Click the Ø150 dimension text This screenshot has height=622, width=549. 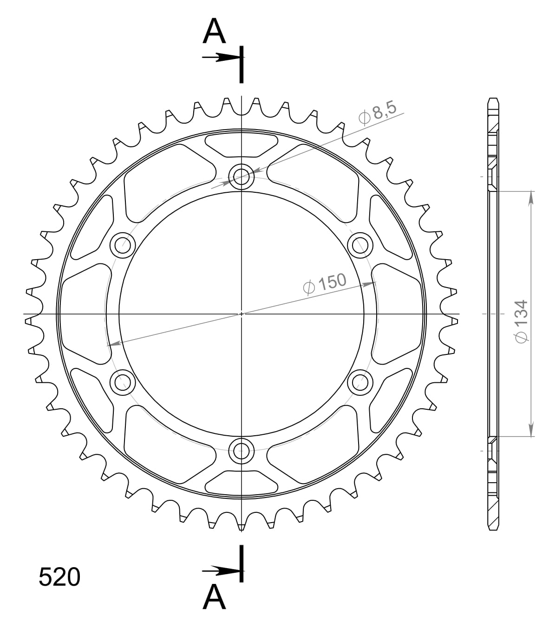[x=325, y=283]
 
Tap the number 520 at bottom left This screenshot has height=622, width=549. [x=59, y=577]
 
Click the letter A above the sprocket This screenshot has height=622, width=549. [x=214, y=32]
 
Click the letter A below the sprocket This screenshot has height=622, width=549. [x=214, y=597]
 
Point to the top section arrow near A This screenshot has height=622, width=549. [x=222, y=57]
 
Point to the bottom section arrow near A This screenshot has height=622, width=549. [x=222, y=570]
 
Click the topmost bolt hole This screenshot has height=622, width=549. [x=241, y=176]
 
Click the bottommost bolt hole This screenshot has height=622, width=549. [x=241, y=449]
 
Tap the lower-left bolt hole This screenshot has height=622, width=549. [x=122, y=382]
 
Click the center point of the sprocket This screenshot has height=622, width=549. [x=241, y=314]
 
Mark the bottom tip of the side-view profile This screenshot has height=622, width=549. [x=493, y=528]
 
